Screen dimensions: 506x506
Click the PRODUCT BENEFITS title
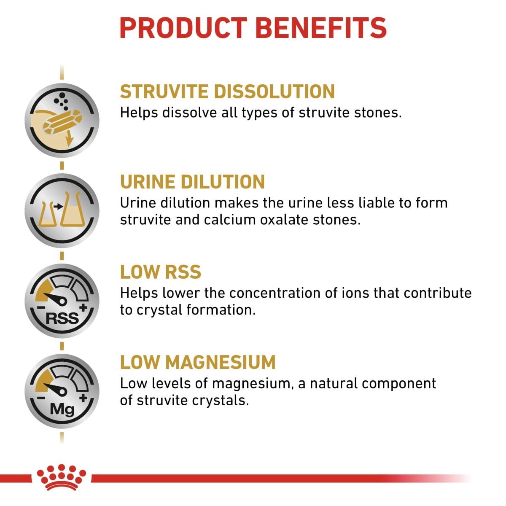coord(253,27)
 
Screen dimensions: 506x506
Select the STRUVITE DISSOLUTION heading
coord(227,92)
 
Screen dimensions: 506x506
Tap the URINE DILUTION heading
coord(192,182)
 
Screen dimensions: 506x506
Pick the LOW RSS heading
coord(160,272)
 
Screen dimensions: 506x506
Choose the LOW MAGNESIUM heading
coord(198,362)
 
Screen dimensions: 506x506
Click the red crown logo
coord(62,477)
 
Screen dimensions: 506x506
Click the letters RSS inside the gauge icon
coord(62,318)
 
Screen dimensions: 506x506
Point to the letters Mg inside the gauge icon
coord(62,409)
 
